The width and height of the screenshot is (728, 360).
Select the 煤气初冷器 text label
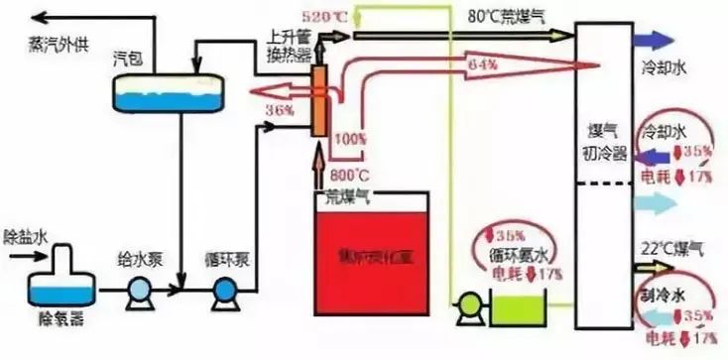tap(603, 141)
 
